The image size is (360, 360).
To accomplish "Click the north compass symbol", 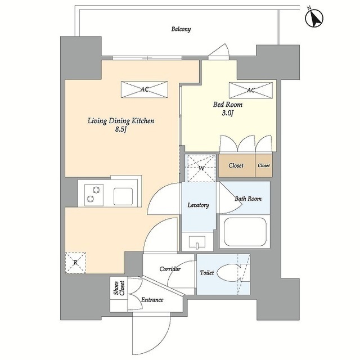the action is point(314,17).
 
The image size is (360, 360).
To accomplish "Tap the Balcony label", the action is point(181,29).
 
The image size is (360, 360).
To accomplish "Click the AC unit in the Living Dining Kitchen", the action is point(145,89).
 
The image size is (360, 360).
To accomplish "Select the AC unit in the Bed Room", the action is point(251,90).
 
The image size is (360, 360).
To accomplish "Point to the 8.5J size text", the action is point(121,130).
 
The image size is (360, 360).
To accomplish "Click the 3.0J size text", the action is point(228,113).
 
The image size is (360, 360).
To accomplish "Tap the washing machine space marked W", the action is point(201,168).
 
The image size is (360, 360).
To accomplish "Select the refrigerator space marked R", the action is point(75,263).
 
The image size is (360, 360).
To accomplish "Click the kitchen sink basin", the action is point(123,196).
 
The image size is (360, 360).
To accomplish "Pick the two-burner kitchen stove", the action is point(94,195).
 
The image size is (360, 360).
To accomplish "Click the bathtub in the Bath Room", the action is point(245,232).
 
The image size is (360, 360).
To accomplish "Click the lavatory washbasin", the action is point(197,242).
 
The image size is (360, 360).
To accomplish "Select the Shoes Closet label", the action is point(119,288).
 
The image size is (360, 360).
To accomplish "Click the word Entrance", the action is point(152,300).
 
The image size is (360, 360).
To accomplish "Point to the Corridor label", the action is point(170,269).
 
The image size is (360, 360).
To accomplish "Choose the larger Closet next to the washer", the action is point(237,165).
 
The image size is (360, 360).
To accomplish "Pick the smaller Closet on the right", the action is point(264,165).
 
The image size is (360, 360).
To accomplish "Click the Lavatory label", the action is point(198,205).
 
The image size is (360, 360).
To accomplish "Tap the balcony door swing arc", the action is point(223,48).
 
